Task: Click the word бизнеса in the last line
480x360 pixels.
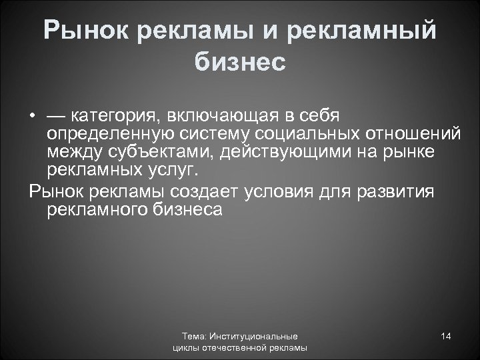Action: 187,211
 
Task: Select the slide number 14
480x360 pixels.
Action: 446,336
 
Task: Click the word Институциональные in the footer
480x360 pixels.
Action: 255,337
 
